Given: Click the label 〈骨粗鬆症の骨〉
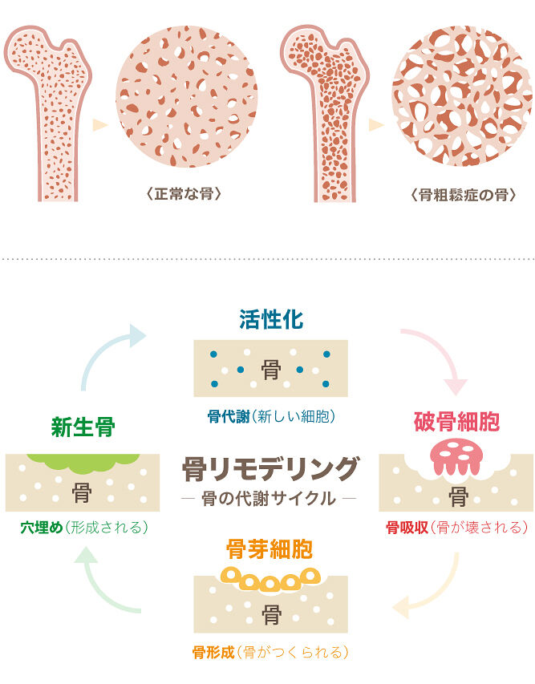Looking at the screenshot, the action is [x=462, y=195].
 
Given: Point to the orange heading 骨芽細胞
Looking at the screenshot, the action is [x=270, y=550].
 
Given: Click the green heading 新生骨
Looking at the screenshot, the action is [x=83, y=426].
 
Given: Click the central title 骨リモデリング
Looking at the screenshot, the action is [x=270, y=467].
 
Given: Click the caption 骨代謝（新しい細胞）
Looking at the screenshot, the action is [x=270, y=417].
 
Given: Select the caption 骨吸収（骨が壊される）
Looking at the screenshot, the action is [x=456, y=528].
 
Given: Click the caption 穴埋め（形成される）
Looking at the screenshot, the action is [x=83, y=528].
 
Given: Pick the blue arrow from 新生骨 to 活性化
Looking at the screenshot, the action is [x=108, y=353].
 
